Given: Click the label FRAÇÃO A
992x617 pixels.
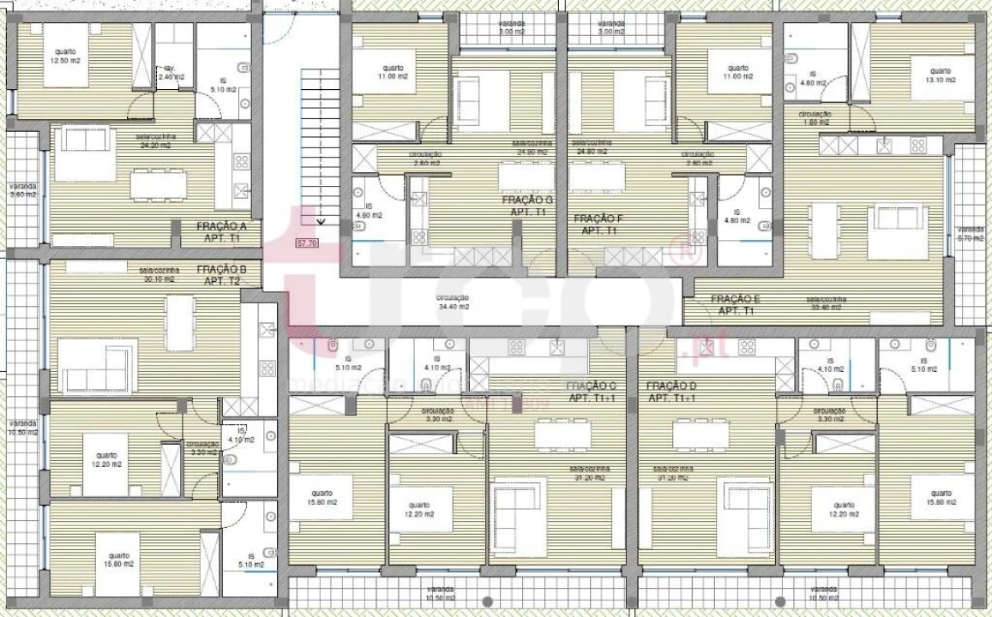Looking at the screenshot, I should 221,226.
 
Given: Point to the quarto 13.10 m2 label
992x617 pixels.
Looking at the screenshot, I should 940,75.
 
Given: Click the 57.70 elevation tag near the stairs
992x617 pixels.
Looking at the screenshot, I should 306,243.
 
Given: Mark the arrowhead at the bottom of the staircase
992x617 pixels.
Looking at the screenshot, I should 320,221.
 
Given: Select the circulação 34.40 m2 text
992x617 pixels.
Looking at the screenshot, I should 453,302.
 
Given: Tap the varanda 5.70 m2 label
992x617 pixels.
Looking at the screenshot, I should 971,234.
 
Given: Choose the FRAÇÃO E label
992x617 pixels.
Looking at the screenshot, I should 736,298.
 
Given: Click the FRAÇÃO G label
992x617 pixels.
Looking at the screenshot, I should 527,201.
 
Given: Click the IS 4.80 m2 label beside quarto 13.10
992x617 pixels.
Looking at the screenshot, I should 811,79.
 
